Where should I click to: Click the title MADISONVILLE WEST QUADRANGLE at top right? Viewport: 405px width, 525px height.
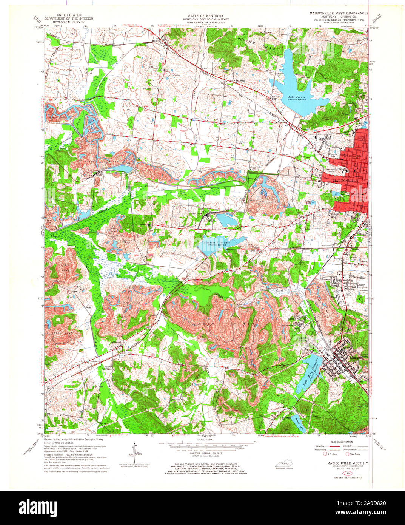coord(339,13)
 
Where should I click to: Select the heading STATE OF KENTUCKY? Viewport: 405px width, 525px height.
coord(203,16)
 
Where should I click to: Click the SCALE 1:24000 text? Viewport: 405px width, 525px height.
coord(203,439)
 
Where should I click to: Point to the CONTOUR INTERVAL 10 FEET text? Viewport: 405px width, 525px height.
coord(203,456)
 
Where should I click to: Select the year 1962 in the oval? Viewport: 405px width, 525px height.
coord(345,472)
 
